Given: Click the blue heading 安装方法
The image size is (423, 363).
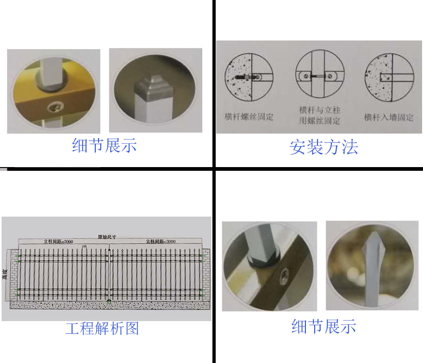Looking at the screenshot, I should coord(324,148).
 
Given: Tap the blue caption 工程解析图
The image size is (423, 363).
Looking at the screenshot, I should coord(102,329).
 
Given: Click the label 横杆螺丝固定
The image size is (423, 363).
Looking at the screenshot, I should coord(249,116).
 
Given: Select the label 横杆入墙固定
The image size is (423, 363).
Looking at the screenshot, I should coord(389,117).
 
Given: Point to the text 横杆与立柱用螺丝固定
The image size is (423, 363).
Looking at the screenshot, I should coord(319,116).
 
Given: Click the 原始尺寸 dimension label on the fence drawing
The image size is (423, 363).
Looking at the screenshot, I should coord(106,236).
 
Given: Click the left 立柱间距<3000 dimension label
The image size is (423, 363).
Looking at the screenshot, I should coord(58,242).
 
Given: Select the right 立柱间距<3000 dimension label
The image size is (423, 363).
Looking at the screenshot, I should coord(161,242).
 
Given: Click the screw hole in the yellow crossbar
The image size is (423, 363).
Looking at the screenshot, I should coord(54,108).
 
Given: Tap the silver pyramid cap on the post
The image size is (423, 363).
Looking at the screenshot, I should coord(149,86).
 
